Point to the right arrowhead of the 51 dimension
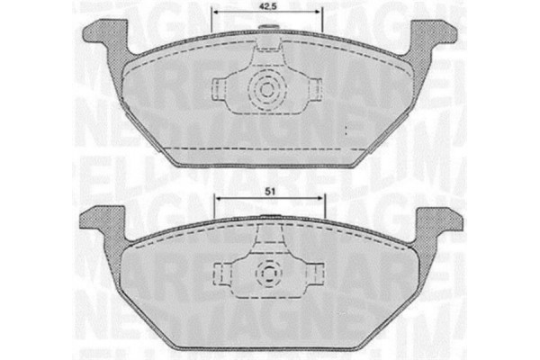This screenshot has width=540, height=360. coord(321,201)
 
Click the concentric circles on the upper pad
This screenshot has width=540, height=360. coord(267,90)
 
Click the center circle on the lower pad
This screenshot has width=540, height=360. coord(267,273)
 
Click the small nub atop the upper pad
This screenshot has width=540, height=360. coord(267,27)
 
